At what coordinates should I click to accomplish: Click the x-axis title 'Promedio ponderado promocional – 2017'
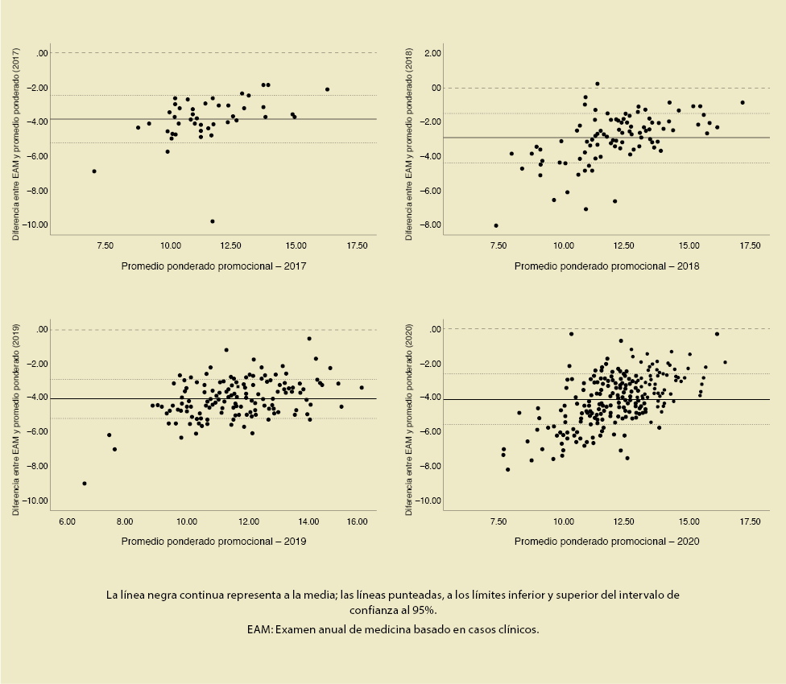tap(213, 266)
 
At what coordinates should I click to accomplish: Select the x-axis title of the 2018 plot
tap(606, 266)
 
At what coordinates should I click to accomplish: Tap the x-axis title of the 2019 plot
tap(213, 541)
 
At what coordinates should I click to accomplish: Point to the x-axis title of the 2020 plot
tap(606, 541)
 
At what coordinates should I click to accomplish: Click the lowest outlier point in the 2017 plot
tap(213, 221)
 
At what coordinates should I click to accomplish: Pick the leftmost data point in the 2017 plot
tap(94, 171)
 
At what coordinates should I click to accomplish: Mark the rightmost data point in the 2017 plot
tap(327, 89)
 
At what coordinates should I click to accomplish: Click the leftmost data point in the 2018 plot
tap(496, 225)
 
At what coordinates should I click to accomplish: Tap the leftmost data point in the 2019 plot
tap(85, 484)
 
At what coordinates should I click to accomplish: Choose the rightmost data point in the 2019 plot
tap(362, 388)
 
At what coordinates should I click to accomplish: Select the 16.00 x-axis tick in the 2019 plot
tap(357, 521)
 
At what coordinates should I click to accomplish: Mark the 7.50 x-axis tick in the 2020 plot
tap(500, 521)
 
